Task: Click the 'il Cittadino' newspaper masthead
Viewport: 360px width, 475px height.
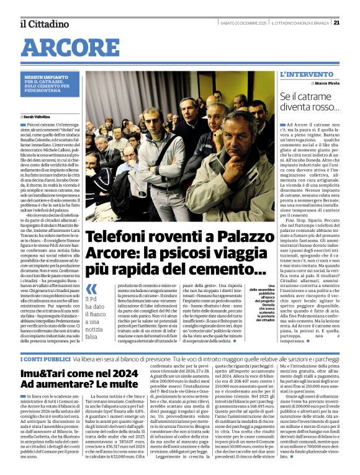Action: (43, 24)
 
